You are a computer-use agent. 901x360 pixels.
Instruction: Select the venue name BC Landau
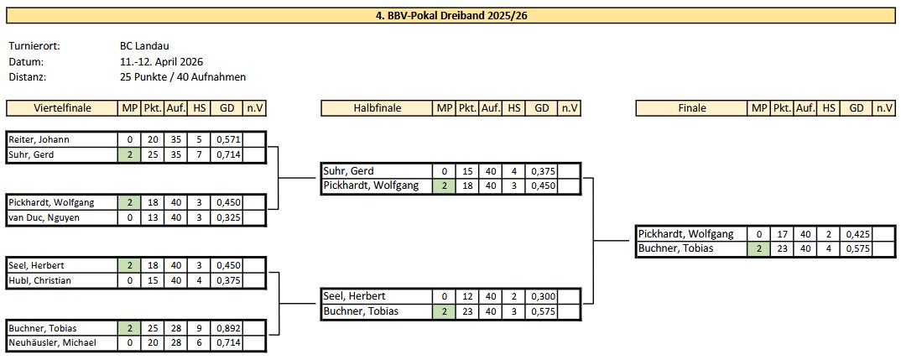(x=144, y=46)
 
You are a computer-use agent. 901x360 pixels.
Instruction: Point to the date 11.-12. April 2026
(x=161, y=61)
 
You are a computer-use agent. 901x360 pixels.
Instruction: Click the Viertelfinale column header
(x=62, y=108)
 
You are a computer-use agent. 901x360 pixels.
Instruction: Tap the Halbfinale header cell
(x=377, y=108)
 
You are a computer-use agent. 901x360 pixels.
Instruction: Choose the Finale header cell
(x=692, y=108)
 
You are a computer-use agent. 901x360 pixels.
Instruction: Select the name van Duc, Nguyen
(x=42, y=217)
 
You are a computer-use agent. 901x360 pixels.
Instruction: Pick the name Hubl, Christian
(x=40, y=280)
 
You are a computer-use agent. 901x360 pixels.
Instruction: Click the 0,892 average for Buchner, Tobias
(x=227, y=328)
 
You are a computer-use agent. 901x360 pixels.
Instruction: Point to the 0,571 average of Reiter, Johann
(x=227, y=139)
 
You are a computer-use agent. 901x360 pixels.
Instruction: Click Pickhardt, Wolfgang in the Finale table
(x=686, y=234)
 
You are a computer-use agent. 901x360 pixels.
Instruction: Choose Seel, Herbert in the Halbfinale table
(x=357, y=296)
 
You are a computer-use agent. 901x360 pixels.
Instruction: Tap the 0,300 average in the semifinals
(x=542, y=296)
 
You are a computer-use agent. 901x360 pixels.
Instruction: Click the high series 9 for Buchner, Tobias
(x=199, y=328)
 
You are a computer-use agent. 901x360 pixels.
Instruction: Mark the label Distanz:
(x=27, y=76)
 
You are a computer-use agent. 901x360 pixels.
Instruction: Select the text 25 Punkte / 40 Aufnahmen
(x=183, y=76)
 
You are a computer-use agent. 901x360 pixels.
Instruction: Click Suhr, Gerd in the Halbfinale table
(x=349, y=171)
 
